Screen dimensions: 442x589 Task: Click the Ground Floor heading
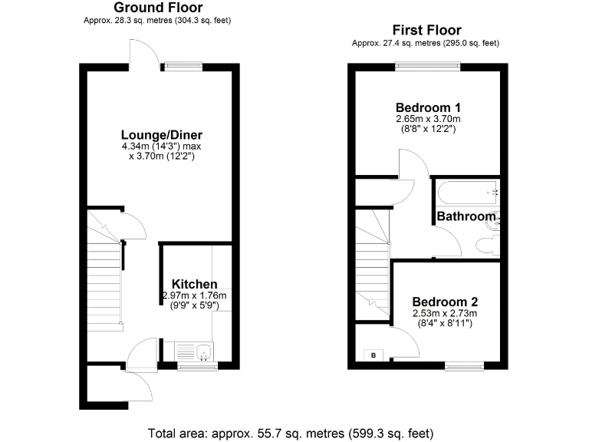tap(158, 8)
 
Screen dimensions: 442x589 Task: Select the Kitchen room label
tap(194, 284)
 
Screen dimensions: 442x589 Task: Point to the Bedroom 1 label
tap(428, 107)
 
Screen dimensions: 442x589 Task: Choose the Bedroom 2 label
tap(445, 302)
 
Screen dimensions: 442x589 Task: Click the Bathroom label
tap(466, 216)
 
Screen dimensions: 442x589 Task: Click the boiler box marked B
tap(373, 355)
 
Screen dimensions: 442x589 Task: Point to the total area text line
tap(294, 433)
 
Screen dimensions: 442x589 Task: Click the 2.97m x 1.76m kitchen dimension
tap(194, 295)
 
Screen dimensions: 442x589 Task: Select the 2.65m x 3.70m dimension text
tap(428, 119)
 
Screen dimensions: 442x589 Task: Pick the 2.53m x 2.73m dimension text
tap(445, 313)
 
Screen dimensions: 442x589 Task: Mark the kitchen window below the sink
tap(196, 367)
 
